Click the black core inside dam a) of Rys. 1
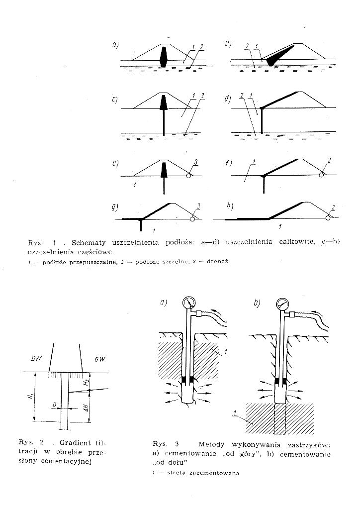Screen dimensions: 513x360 pos(164,56)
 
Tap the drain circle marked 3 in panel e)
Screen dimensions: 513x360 pos(189,175)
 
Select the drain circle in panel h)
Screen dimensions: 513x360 pos(328,217)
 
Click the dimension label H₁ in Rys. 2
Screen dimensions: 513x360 pos(31,397)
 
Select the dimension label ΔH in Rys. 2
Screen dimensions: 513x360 pos(86,410)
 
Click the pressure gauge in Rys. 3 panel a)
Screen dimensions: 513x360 pos(189,302)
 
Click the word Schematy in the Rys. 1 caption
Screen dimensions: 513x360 pos(89,243)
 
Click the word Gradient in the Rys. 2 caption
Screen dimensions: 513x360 pos(76,442)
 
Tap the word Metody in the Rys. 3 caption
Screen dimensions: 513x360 pos(211,443)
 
